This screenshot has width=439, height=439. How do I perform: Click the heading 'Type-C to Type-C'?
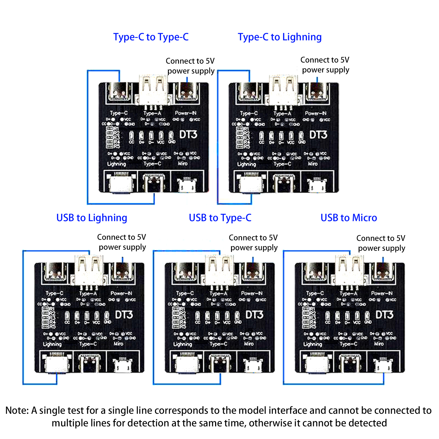[x=151, y=37]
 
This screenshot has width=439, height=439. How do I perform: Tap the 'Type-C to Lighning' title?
[x=280, y=37]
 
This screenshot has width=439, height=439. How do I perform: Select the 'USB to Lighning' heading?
[x=92, y=218]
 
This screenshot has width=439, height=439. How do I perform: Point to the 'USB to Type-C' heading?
[x=220, y=218]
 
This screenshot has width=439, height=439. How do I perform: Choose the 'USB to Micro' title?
[x=349, y=218]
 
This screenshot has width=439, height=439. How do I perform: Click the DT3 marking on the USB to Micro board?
[x=384, y=315]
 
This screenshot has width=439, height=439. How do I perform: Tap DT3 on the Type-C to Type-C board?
[x=188, y=135]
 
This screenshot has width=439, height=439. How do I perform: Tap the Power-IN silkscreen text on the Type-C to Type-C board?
[x=185, y=113]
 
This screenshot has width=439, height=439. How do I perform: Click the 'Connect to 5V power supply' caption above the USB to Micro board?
[x=381, y=243]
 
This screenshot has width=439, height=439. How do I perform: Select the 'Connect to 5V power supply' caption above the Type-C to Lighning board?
[x=325, y=65]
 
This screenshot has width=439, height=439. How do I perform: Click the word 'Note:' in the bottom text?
[x=17, y=410]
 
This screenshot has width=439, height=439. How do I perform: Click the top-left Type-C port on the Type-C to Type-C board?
[x=120, y=92]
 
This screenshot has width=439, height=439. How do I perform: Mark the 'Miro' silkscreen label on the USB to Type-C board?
[x=249, y=344]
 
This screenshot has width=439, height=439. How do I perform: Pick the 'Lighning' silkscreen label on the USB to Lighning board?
[x=52, y=344]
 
